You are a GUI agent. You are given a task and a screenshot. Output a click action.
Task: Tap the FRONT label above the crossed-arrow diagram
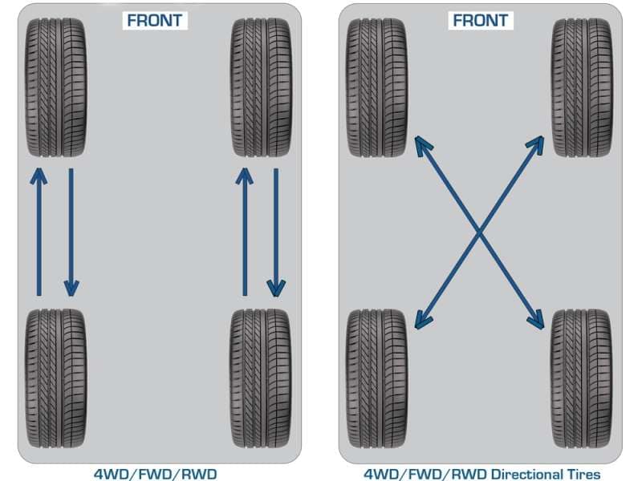click(479, 20)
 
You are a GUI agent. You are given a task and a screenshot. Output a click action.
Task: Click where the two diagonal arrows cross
click(479, 232)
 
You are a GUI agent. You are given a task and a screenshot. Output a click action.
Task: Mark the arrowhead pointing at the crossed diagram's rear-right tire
click(538, 321)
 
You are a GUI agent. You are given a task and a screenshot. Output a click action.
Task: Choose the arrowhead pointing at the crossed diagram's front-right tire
click(537, 143)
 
